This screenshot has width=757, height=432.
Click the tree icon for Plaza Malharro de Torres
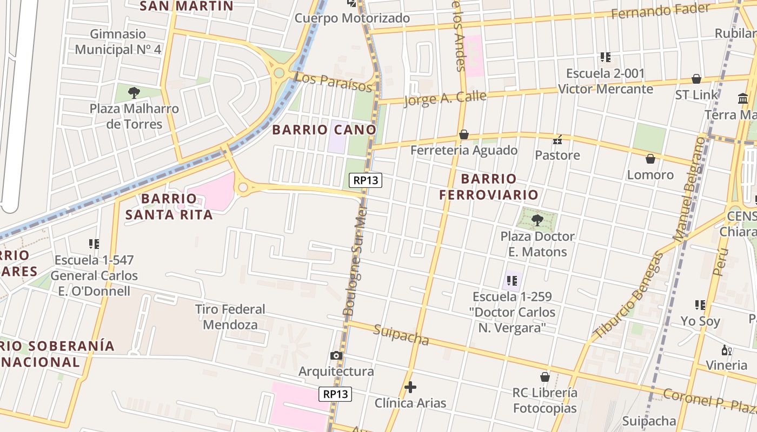pos(134,92)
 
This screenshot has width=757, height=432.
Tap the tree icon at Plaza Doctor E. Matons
pos(537,220)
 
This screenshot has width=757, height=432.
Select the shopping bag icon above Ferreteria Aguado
pos(463,134)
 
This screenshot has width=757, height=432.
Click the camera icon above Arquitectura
pos(336,355)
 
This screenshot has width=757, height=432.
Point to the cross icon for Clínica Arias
pos(410,387)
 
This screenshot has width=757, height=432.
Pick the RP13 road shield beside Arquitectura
pos(335,394)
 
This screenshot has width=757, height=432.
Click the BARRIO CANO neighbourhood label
pos(324,130)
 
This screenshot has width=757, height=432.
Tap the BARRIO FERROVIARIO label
pos(489,186)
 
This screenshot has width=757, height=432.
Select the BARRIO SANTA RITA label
pos(169,206)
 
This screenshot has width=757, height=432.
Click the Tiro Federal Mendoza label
pos(230,317)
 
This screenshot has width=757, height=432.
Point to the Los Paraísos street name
pos(334,82)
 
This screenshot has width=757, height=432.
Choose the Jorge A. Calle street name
pos(445,99)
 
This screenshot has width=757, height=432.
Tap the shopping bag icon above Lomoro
pos(650,159)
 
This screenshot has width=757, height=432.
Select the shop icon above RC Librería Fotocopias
pos(545,377)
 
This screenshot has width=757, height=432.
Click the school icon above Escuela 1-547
pos(94,244)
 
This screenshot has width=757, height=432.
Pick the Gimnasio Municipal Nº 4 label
pos(118,42)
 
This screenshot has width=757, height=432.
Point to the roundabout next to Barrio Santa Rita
pos(243,187)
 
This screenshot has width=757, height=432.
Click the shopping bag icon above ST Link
pos(696,79)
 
